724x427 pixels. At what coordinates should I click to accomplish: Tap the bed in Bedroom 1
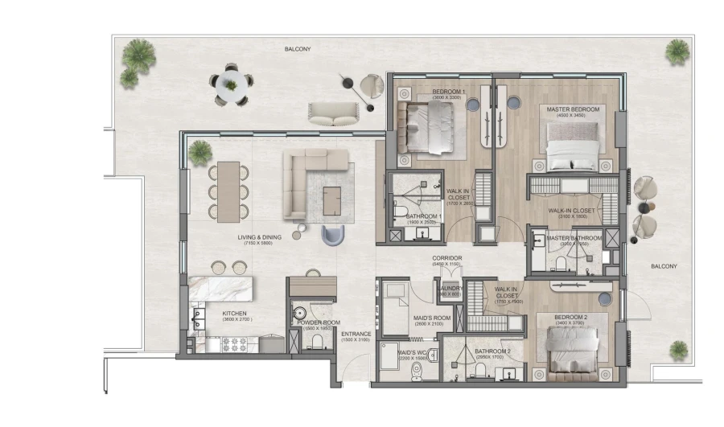(x=430, y=128)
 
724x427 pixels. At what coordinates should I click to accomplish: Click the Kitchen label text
(x=212, y=313)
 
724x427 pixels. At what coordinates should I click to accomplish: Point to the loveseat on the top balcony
(x=331, y=114)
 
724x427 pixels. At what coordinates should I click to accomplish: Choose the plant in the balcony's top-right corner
(x=677, y=52)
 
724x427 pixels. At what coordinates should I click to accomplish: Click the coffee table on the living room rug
(x=333, y=200)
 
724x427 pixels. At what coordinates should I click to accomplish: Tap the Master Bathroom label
(x=574, y=238)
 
